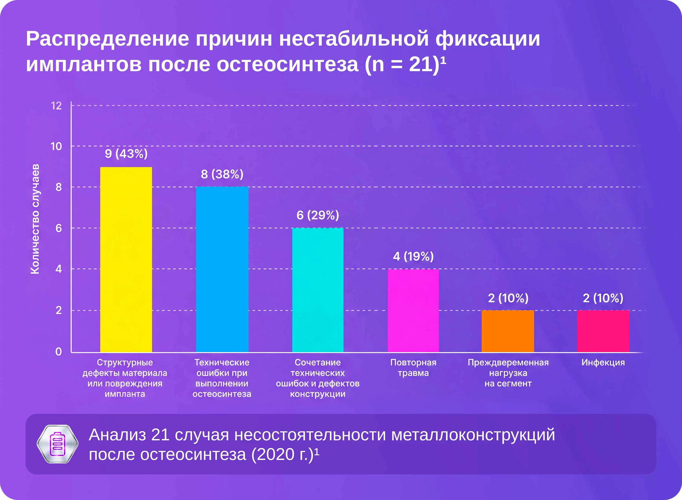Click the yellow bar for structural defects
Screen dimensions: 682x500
point(126,259)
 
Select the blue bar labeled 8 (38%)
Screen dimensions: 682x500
point(222,269)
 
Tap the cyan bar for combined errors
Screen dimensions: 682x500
point(318,290)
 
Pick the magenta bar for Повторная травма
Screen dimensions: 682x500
point(413,311)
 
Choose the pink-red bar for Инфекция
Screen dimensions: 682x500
point(603,331)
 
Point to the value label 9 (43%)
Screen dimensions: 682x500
point(126,154)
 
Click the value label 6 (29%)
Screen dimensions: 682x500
point(318,215)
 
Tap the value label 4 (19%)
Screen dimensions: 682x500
point(413,257)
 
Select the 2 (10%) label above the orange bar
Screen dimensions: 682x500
point(508,298)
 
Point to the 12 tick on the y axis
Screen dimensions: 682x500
point(56,106)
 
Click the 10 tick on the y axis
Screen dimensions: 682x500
point(56,146)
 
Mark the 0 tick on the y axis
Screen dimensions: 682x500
point(58,352)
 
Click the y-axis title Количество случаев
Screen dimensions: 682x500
point(35,219)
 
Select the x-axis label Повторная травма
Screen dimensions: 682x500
point(413,367)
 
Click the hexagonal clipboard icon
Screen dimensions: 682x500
point(58,444)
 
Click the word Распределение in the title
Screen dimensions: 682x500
point(107,39)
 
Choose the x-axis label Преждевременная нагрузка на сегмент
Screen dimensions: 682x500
point(508,373)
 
